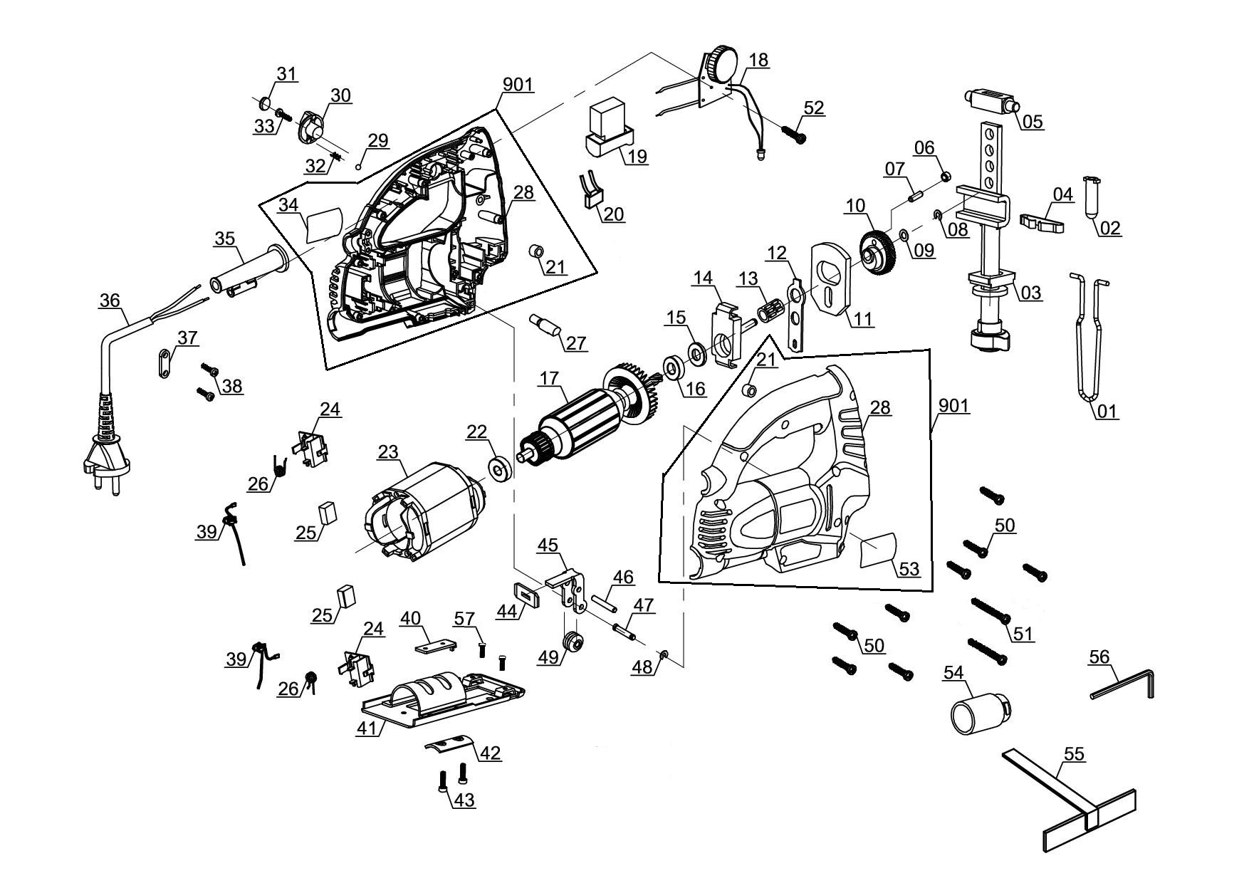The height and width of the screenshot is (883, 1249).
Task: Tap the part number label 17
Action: (x=549, y=378)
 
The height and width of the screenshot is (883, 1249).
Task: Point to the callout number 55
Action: (x=1075, y=754)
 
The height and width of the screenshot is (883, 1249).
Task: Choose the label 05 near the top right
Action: (x=1032, y=122)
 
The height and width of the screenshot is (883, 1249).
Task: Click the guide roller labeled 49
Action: (x=573, y=644)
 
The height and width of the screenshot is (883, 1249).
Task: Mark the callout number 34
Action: (x=288, y=205)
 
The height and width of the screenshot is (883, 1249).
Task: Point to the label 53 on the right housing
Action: (x=909, y=569)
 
